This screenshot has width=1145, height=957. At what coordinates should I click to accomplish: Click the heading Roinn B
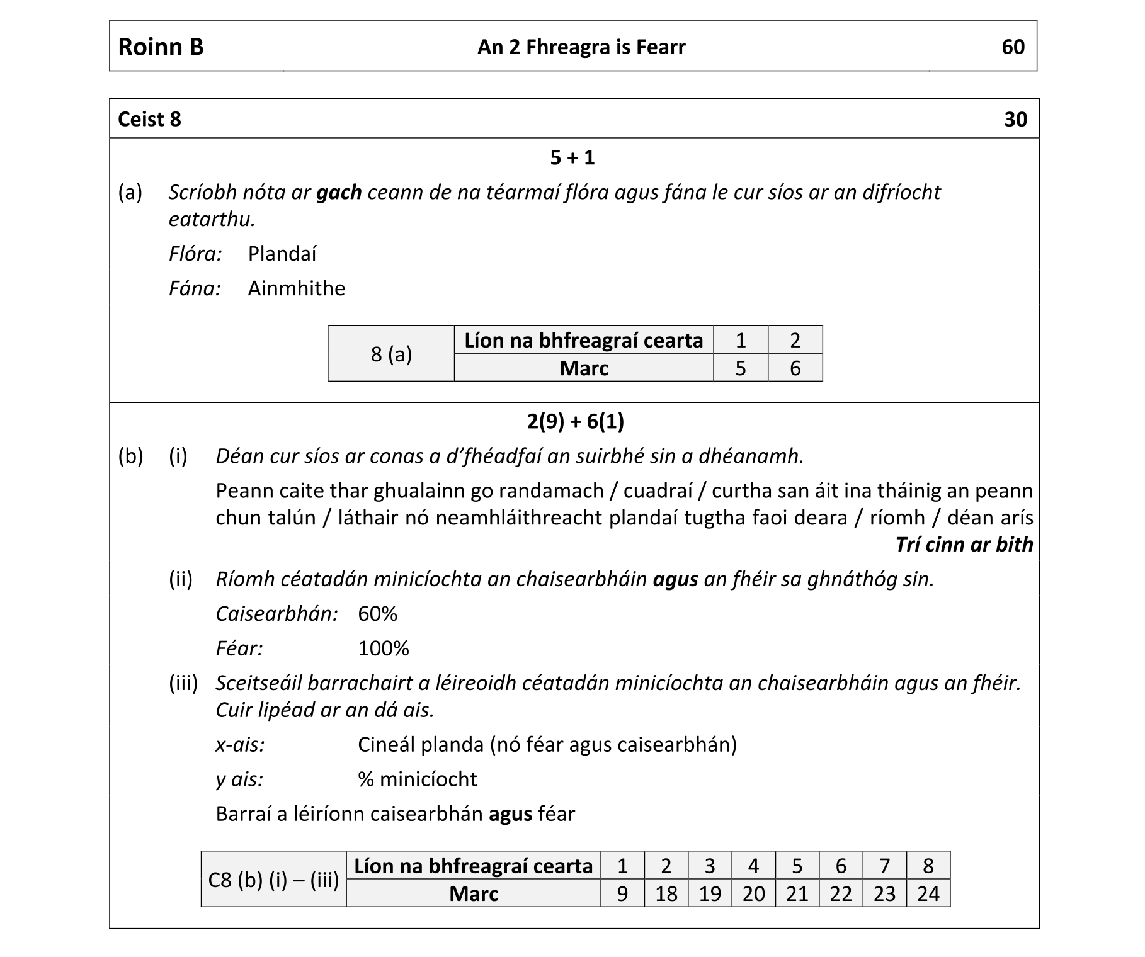tap(161, 47)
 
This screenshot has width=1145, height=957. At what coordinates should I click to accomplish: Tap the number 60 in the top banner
tap(1013, 47)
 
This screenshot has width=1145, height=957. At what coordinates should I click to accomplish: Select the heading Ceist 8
tap(149, 119)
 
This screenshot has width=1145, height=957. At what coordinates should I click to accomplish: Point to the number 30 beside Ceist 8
tap(1015, 119)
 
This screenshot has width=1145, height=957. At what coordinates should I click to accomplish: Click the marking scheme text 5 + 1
tap(572, 157)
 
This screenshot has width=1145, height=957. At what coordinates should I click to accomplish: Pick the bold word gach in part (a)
tap(339, 192)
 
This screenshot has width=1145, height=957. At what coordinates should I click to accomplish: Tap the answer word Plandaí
tap(282, 254)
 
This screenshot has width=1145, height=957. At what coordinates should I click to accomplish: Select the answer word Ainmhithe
tap(297, 288)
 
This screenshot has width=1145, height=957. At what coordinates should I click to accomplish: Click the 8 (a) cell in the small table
tap(391, 354)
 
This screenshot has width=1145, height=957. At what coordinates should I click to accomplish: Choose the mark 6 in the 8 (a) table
tap(795, 368)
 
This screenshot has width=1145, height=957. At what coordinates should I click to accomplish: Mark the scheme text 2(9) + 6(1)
tap(575, 421)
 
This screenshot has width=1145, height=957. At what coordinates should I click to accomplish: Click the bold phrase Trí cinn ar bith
tap(964, 545)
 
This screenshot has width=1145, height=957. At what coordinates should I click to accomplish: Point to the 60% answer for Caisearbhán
tap(377, 614)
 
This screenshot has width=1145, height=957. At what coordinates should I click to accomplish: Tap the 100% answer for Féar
tap(384, 648)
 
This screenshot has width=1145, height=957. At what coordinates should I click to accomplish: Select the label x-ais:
tap(240, 745)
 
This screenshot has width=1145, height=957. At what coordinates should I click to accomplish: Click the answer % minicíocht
tap(417, 779)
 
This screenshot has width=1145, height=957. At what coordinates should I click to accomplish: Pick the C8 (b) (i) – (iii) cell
tap(273, 880)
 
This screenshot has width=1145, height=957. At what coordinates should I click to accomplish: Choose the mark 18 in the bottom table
tap(666, 894)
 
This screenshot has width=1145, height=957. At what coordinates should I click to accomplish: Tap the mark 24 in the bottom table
tap(928, 894)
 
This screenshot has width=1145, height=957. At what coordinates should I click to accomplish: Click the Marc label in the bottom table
tap(474, 894)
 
